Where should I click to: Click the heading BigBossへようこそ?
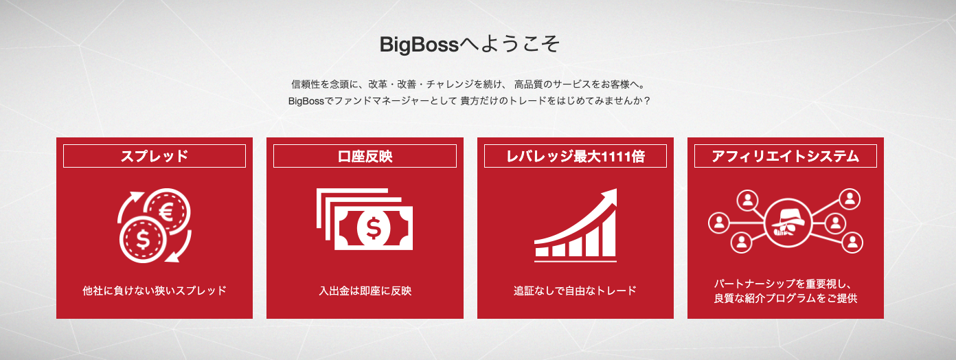coord(469,45)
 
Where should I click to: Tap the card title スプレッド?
coord(154,156)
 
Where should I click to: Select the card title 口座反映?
coord(365,157)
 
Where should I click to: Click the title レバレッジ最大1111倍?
coord(576,157)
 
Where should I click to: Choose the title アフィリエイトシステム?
coord(785,157)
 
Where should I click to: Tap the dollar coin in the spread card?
coord(143,240)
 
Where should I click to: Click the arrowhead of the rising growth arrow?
coord(609,196)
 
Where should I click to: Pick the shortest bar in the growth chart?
coord(542,251)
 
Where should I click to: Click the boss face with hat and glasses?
coord(788,223)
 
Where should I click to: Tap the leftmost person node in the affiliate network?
coord(719,223)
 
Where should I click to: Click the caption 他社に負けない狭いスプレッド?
coord(154,291)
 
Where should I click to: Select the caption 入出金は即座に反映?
coord(365,291)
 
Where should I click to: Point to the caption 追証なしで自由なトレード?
coord(575,291)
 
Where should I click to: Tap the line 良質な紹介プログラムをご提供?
coord(785,298)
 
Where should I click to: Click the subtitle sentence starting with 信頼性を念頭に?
coord(468,84)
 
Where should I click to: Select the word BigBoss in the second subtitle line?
coord(306,101)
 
